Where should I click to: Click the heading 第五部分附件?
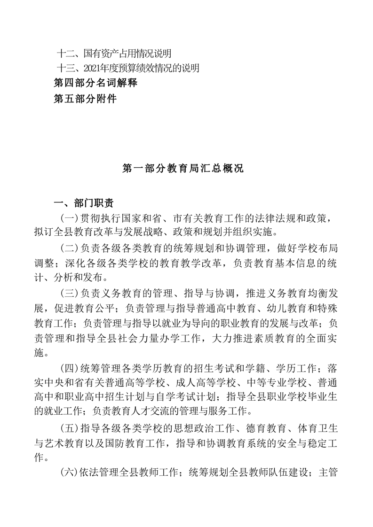85,98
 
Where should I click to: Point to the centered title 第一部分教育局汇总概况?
183,168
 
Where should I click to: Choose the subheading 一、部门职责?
83,204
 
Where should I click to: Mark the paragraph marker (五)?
70,426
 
